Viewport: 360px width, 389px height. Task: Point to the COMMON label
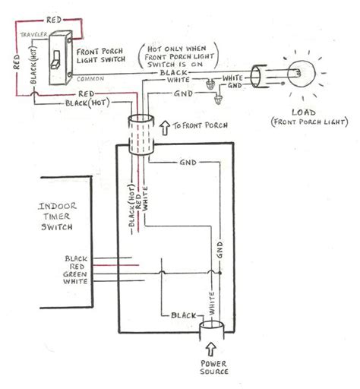pyautogui.click(x=90, y=78)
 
